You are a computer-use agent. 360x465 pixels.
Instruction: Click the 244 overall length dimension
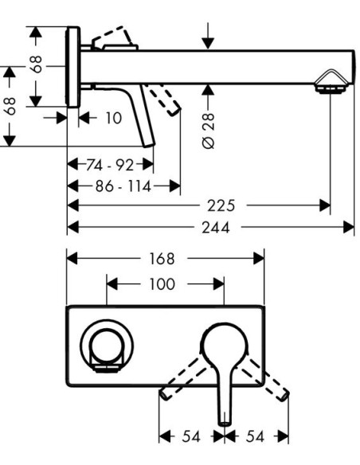click(x=216, y=228)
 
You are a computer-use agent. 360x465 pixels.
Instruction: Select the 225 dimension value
click(x=221, y=205)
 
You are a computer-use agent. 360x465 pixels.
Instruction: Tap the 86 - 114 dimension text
click(x=123, y=186)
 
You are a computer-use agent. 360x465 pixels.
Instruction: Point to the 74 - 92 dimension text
click(x=110, y=165)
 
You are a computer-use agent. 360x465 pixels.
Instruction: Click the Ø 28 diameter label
click(x=208, y=131)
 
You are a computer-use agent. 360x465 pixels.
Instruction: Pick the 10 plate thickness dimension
click(x=114, y=118)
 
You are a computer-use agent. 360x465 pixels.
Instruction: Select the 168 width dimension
click(x=162, y=259)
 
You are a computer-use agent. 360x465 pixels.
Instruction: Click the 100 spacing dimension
click(x=162, y=284)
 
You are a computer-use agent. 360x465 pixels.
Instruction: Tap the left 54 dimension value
click(x=191, y=436)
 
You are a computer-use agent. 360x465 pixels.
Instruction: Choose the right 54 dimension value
click(x=255, y=436)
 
